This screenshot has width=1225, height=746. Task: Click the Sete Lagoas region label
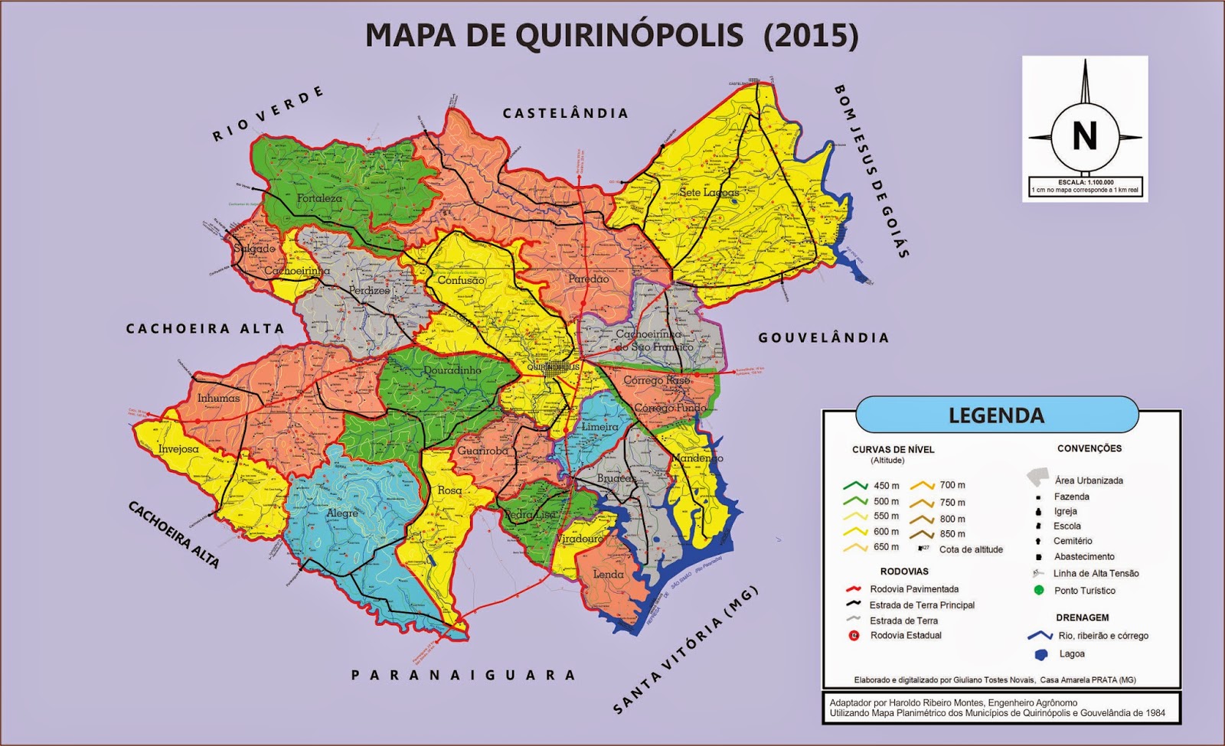tap(710, 192)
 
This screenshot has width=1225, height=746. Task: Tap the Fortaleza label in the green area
tap(320, 198)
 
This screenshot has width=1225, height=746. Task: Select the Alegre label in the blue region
tap(342, 513)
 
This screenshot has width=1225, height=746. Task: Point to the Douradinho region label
tap(452, 370)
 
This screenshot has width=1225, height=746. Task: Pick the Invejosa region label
tap(178, 449)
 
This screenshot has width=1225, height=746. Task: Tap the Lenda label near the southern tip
tap(609, 574)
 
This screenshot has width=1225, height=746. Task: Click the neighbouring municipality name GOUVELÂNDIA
tap(824, 337)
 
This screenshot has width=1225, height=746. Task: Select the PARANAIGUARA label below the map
tap(463, 675)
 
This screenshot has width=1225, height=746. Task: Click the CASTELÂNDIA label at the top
tap(565, 113)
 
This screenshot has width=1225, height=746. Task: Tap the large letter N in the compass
tap(1084, 136)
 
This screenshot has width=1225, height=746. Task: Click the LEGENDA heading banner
tap(996, 415)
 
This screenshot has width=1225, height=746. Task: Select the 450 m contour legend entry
tap(872, 486)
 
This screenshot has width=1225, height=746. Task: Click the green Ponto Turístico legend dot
tap(1039, 590)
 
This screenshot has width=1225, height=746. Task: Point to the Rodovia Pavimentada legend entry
tap(913, 589)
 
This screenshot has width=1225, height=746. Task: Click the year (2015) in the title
tap(811, 35)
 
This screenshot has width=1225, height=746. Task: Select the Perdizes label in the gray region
tap(369, 291)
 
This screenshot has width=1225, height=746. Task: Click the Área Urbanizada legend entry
tap(1088, 481)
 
